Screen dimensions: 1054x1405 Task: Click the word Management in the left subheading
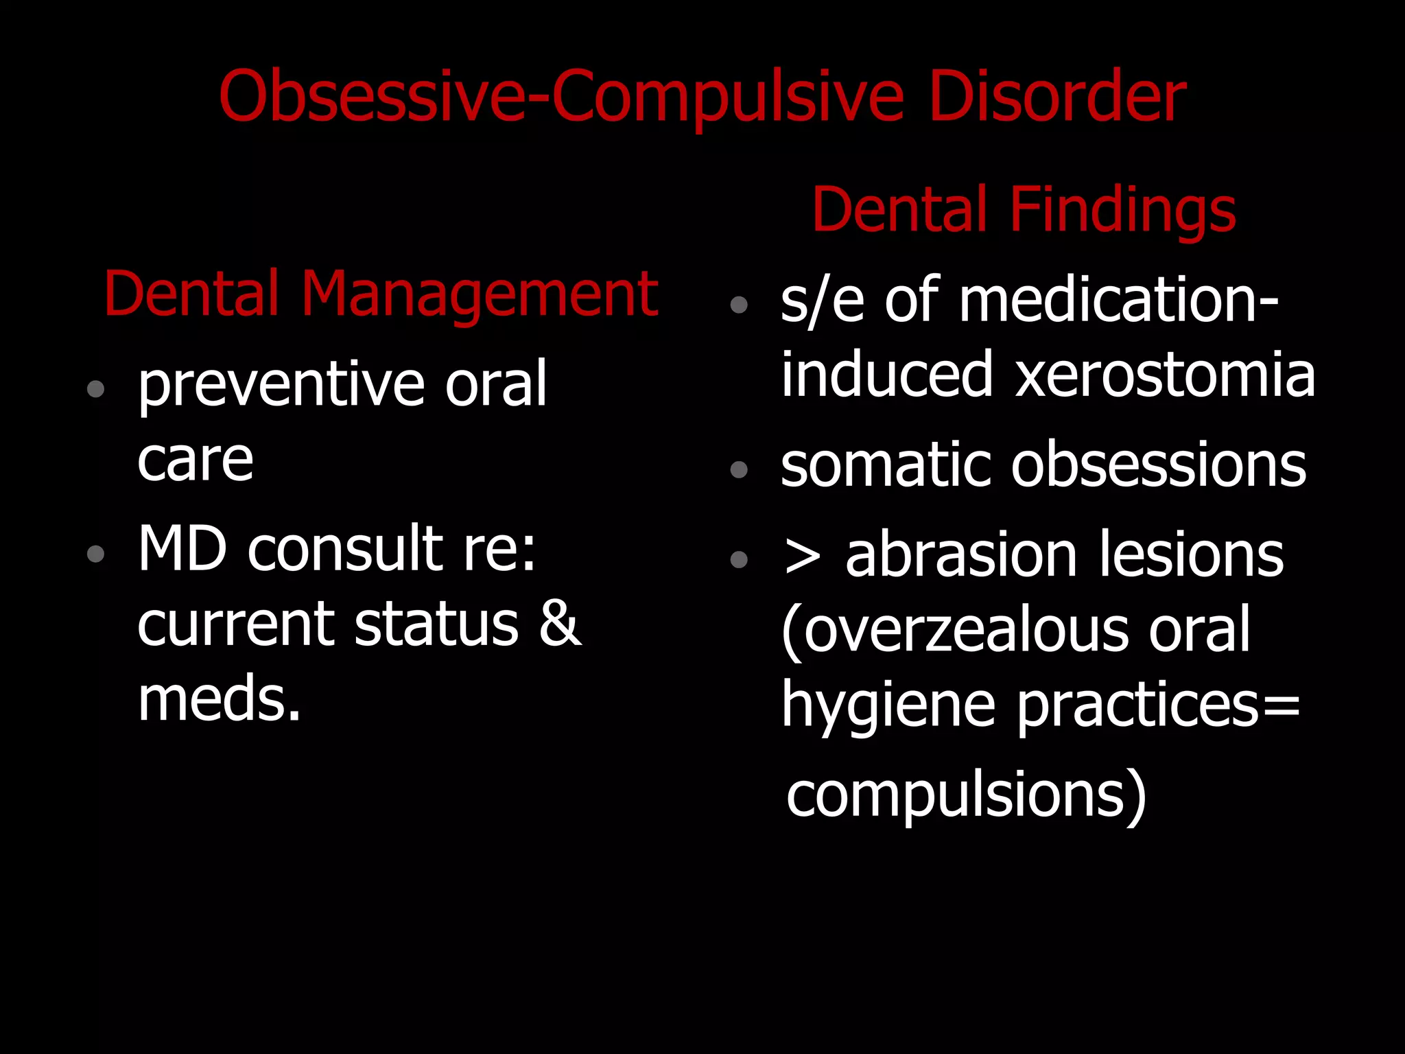[x=480, y=295]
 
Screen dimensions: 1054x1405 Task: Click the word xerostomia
[x=1164, y=375]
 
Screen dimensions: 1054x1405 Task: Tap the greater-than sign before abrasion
[x=803, y=556]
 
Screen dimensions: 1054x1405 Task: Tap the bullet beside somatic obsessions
[x=739, y=469]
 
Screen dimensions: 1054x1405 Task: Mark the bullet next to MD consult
[x=96, y=553]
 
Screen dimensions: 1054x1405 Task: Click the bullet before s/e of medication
[x=739, y=304]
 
